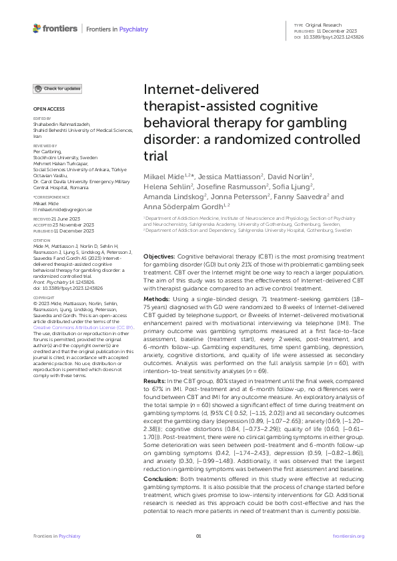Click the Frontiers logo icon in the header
(38, 29)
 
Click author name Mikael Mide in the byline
(164, 174)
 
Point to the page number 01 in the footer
(198, 536)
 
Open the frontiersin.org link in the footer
(348, 536)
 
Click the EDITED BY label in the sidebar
(41, 118)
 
